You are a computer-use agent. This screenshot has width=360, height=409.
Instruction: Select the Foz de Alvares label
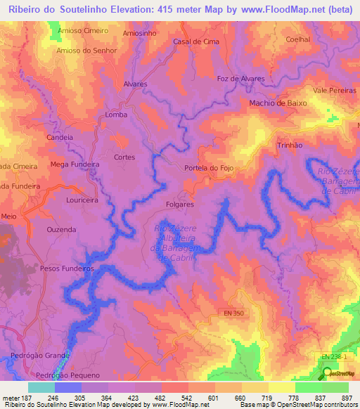click(241, 79)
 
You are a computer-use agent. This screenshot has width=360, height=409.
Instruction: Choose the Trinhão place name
click(290, 144)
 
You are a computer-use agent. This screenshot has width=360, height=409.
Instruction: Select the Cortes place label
click(124, 157)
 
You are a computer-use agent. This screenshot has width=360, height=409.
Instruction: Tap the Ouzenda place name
click(61, 230)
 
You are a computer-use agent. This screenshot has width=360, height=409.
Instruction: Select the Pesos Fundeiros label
click(67, 268)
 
